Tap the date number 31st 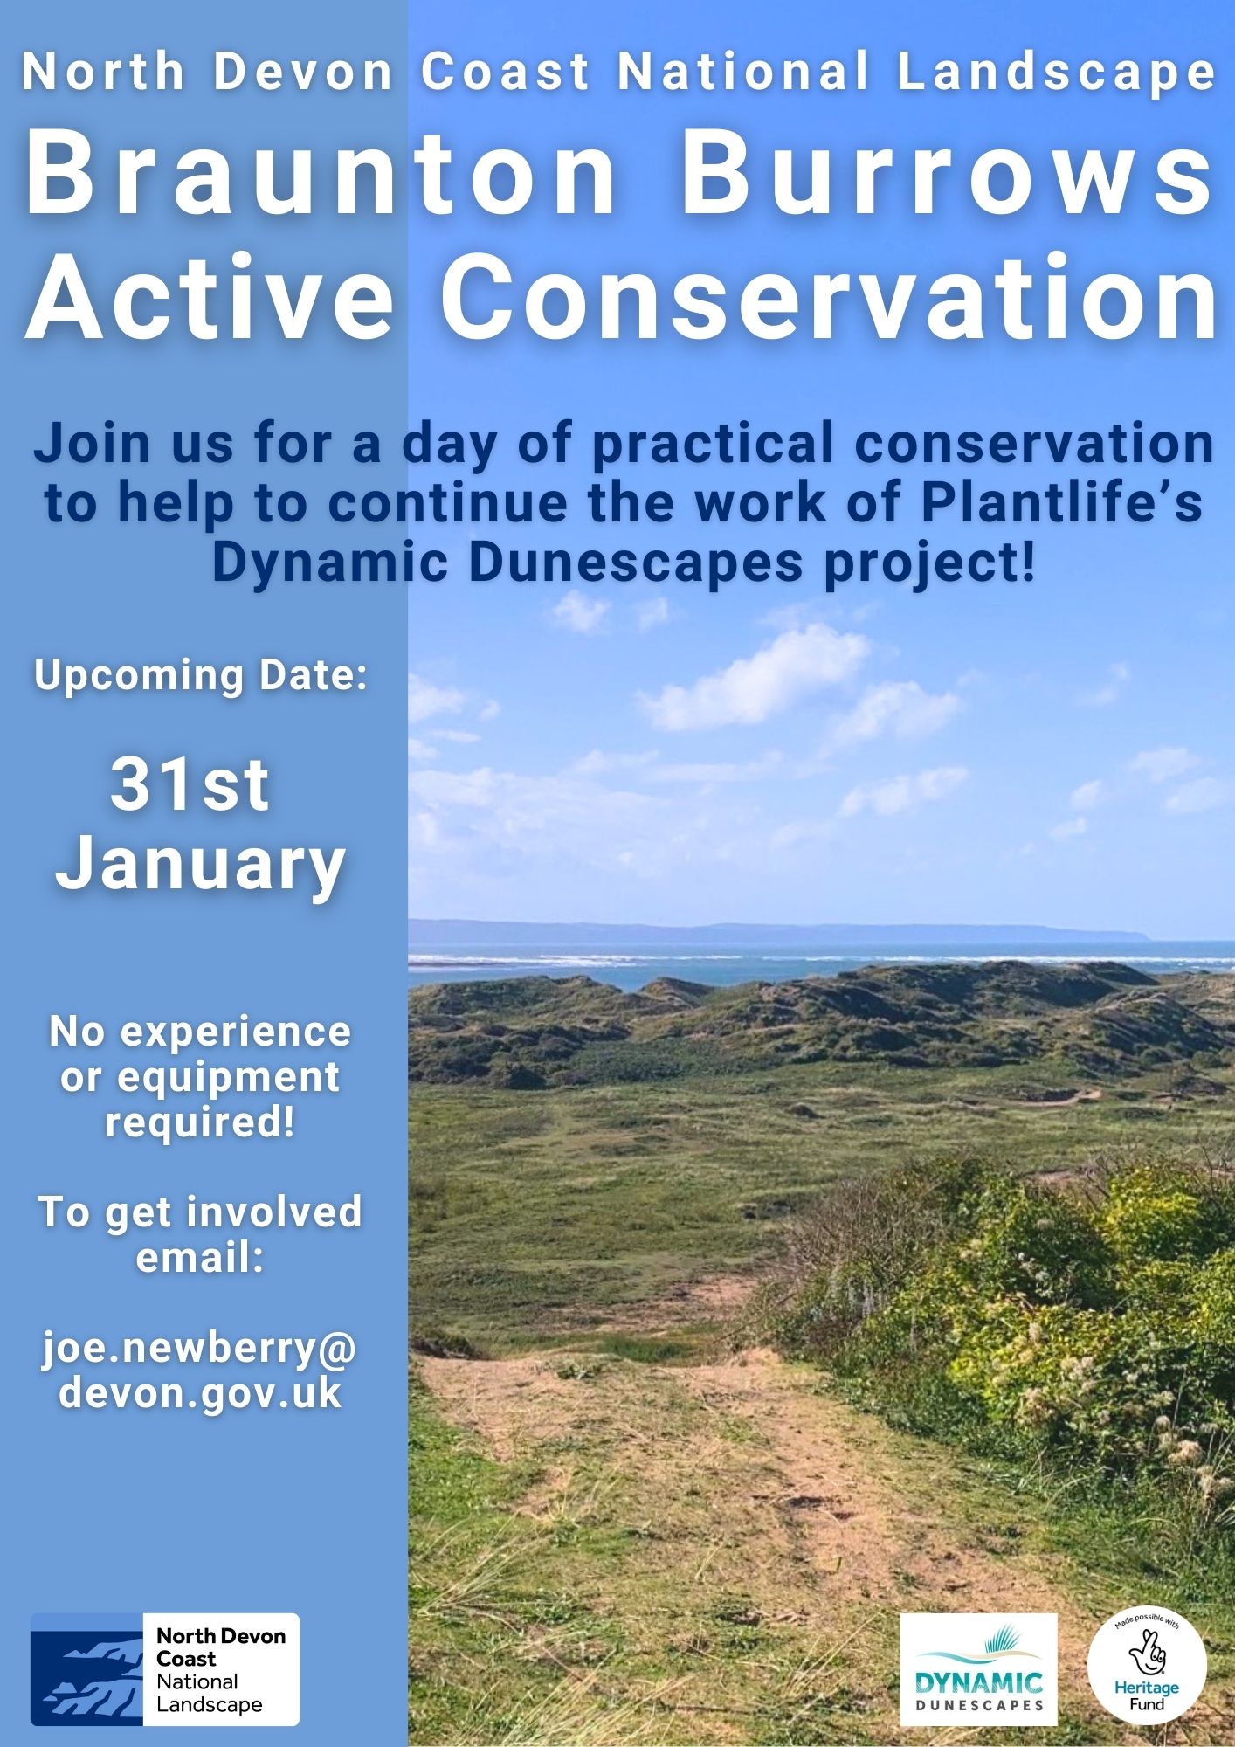[190, 785]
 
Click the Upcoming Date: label [200, 676]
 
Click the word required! [200, 1122]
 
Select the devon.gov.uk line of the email [200, 1392]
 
